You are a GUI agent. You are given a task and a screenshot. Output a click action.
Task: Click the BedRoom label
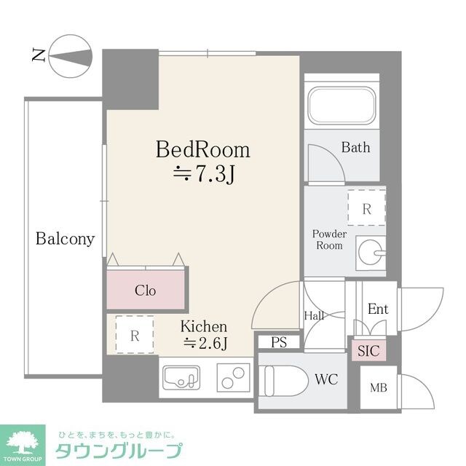[203, 150]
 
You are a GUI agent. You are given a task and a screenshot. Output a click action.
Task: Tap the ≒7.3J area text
[203, 174]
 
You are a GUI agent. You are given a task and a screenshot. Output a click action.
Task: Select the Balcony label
[66, 239]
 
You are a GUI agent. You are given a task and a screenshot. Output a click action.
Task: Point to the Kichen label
[204, 327]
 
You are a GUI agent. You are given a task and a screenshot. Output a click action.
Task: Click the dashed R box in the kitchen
[135, 336]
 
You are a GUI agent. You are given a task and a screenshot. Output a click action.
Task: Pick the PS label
[278, 341]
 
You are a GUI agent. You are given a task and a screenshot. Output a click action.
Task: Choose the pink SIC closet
[368, 350]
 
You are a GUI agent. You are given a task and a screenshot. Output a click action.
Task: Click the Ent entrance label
[377, 309]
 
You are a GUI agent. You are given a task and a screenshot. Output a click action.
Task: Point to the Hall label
[313, 315]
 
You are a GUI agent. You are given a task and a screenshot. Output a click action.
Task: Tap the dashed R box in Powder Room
[367, 209]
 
